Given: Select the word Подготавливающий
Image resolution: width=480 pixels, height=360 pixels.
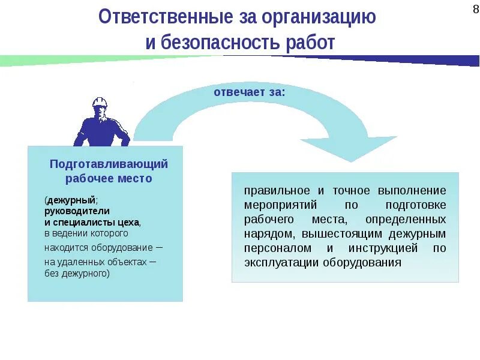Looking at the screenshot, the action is [x=109, y=164].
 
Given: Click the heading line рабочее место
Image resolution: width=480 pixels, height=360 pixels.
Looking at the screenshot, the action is [x=109, y=178].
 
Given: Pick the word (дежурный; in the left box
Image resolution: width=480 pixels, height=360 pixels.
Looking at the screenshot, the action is [x=71, y=200].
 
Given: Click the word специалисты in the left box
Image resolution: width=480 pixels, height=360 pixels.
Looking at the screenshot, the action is [x=89, y=221].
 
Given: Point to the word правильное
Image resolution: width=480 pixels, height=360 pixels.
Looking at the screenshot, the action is [x=277, y=190].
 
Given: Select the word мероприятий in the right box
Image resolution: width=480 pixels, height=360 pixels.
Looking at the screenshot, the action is [x=277, y=205].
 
